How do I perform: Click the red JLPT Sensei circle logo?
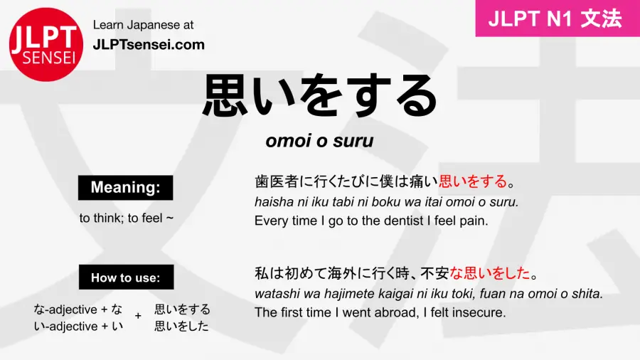[44, 45]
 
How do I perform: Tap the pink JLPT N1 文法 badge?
[558, 18]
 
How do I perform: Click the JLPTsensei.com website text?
[149, 44]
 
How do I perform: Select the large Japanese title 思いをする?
[319, 97]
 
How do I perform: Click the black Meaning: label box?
[125, 188]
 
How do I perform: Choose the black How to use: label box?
[125, 277]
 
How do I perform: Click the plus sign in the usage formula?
[137, 317]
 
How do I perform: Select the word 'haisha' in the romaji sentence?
[271, 203]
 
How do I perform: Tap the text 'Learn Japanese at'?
[143, 25]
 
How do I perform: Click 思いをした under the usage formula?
[182, 327]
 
